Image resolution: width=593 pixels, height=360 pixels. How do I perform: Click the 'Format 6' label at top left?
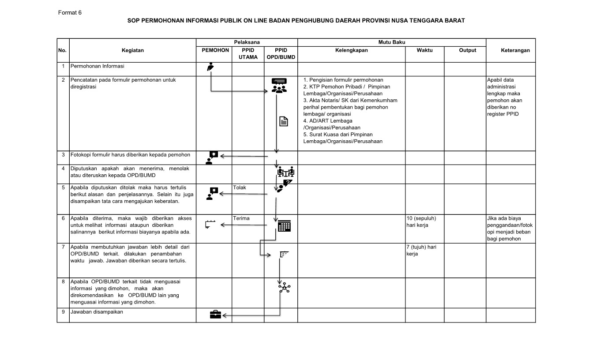70,12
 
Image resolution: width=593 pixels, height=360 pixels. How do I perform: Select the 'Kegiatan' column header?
133,50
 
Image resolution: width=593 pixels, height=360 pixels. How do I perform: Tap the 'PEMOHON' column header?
215,50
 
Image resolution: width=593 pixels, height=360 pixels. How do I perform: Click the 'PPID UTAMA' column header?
248,53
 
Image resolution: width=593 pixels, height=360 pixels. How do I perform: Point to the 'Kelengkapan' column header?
351,50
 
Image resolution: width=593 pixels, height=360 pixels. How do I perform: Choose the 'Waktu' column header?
424,50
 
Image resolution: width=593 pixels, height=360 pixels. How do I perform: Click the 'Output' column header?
467,50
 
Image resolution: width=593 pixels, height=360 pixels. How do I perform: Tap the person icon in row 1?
211,67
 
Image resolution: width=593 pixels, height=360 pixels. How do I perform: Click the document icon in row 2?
284,121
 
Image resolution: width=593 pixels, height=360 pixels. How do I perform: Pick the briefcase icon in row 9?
215,314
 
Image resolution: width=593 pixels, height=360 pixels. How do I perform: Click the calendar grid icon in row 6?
284,226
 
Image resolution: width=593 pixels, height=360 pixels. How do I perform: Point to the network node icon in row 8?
284,288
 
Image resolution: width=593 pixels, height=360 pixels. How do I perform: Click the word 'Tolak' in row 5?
240,187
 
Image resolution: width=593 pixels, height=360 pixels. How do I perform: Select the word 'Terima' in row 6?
241,218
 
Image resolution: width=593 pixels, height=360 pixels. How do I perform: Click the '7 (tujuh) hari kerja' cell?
421,250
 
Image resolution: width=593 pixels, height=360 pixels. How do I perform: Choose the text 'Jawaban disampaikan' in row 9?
97,312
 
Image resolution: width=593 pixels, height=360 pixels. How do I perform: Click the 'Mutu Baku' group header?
392,42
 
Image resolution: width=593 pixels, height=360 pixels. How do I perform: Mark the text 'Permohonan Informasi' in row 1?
98,66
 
